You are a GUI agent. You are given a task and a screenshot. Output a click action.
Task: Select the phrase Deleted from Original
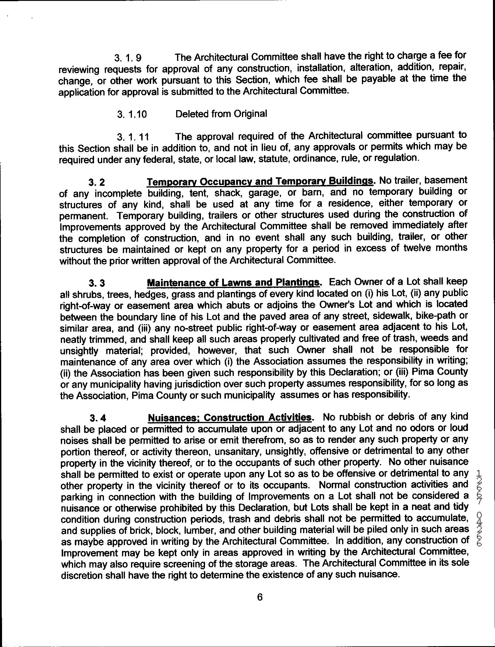click(x=221, y=114)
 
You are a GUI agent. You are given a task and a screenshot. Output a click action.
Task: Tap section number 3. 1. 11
click(x=133, y=137)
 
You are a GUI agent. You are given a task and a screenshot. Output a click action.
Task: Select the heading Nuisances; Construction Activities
click(x=229, y=418)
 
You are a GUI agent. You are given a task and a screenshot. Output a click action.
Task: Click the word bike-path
click(x=434, y=317)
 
